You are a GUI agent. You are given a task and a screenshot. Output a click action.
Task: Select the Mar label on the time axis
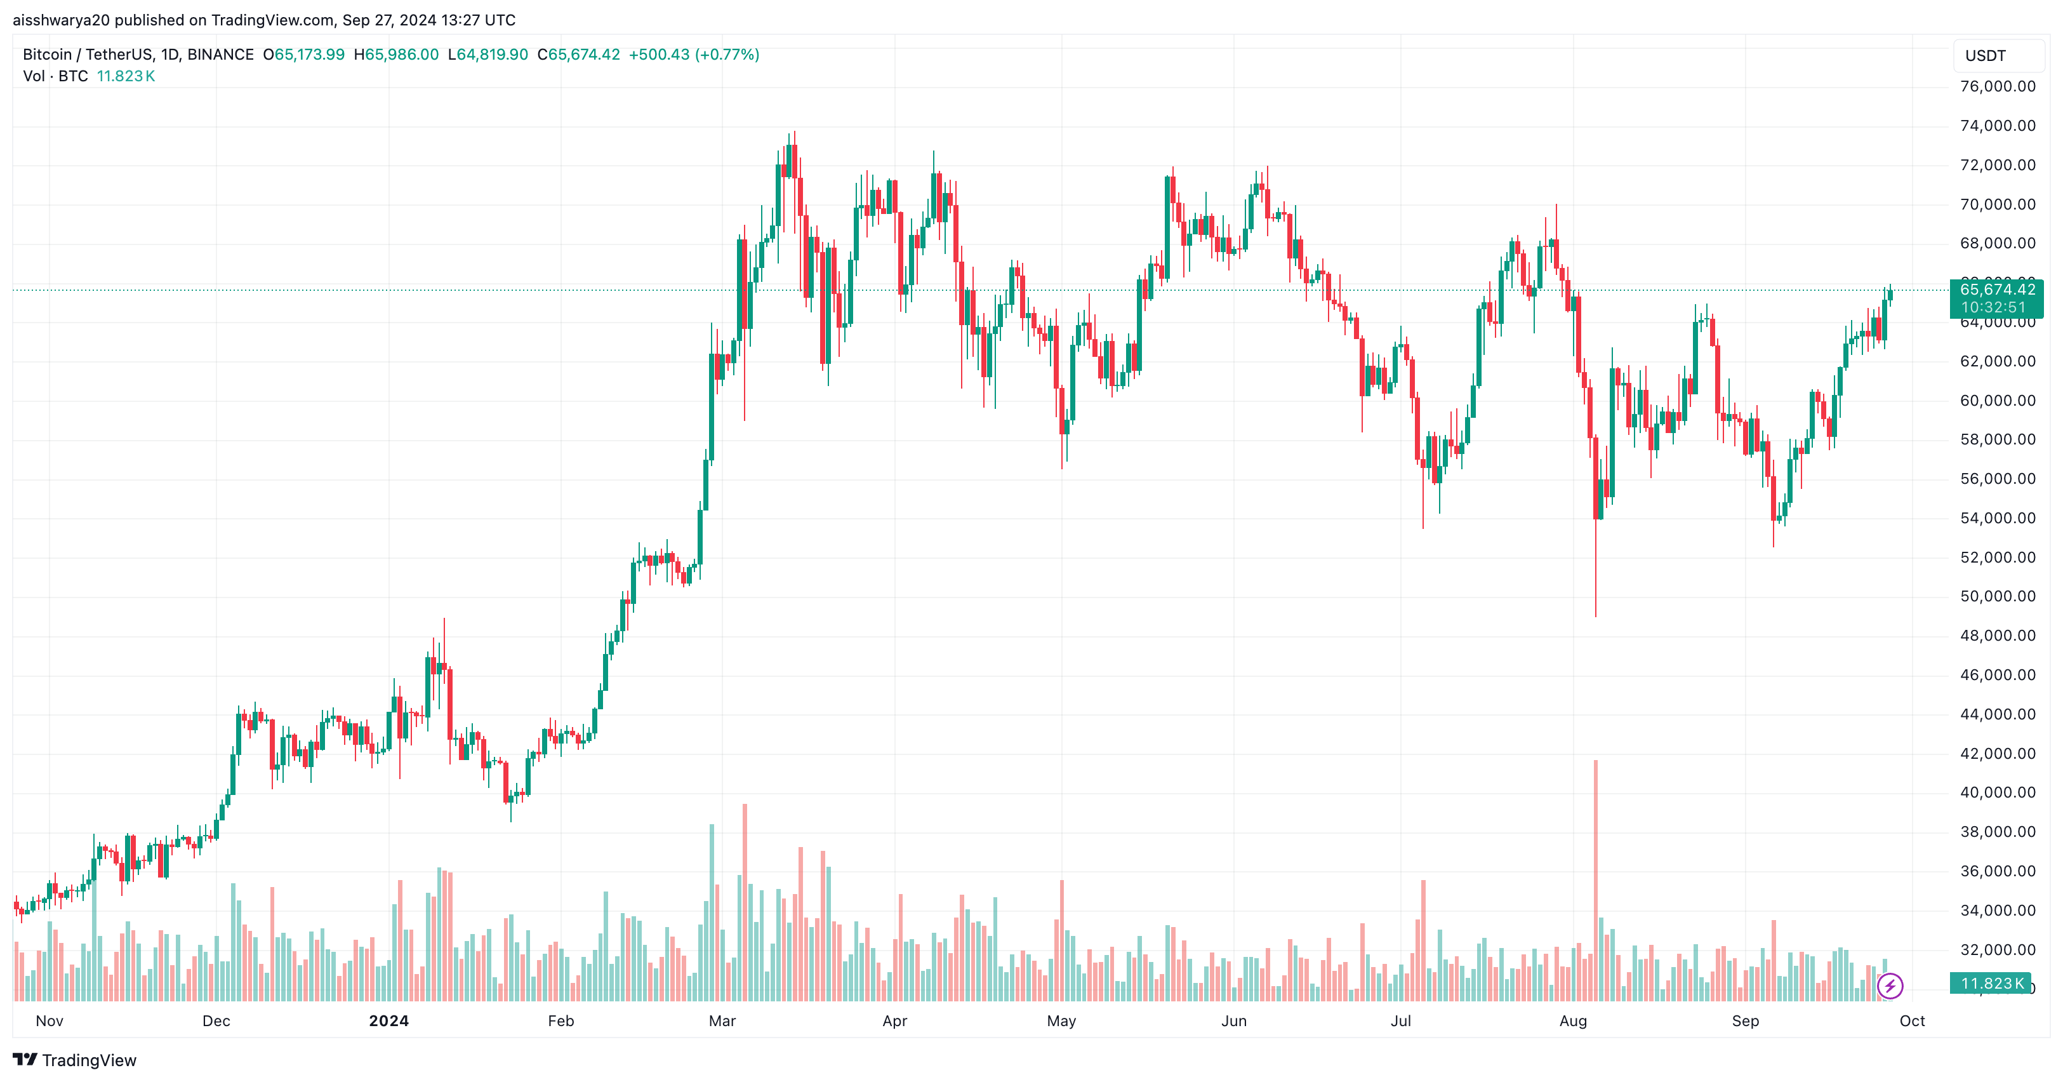click(x=722, y=1021)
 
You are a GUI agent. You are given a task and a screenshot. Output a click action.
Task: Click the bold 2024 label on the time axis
click(x=388, y=1021)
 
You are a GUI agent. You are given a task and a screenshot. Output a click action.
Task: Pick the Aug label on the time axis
click(x=1573, y=1021)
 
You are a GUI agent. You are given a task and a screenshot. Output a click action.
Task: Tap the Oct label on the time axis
click(x=1912, y=1021)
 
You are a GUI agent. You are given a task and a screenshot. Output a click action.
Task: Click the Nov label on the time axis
click(x=50, y=1021)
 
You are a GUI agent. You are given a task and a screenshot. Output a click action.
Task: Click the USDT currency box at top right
click(x=1986, y=56)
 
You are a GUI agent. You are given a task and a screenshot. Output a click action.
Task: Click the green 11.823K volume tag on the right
click(x=1991, y=984)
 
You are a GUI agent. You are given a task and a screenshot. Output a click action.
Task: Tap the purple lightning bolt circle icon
click(x=1890, y=986)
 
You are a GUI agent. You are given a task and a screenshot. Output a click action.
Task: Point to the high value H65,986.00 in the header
click(x=397, y=55)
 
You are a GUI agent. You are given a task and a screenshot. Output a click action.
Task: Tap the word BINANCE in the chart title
click(x=220, y=55)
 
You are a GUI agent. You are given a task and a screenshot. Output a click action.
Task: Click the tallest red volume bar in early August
click(x=1595, y=881)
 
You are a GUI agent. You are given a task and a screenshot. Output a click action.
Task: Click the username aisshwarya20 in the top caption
click(x=61, y=20)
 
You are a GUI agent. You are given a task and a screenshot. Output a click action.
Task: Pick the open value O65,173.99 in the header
click(x=304, y=55)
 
